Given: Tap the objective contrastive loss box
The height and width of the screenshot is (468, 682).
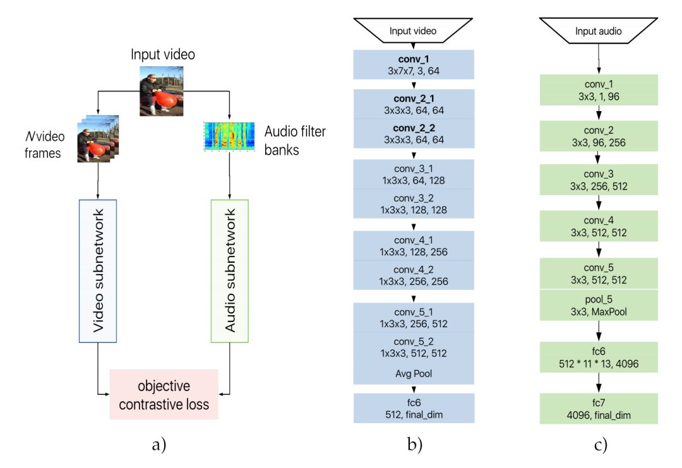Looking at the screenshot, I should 164,394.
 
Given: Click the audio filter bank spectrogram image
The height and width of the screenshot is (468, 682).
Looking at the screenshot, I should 229,136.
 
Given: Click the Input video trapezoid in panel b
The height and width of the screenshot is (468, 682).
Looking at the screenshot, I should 413,30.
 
